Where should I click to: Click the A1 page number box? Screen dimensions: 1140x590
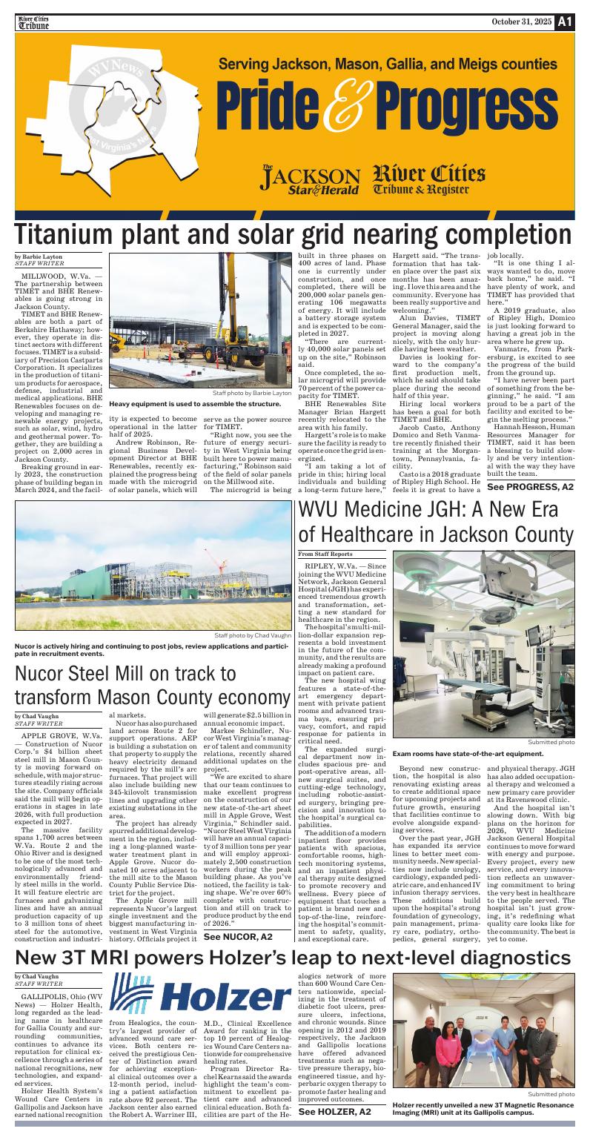pos(566,21)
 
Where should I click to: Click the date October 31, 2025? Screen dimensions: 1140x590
pos(522,21)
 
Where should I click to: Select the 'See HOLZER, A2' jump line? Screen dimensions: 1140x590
pos(334,1112)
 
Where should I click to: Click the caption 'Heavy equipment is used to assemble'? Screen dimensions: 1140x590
pos(195,404)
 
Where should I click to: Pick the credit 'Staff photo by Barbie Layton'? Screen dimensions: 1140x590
pos(252,393)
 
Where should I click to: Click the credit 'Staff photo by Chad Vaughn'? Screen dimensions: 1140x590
pos(253,635)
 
